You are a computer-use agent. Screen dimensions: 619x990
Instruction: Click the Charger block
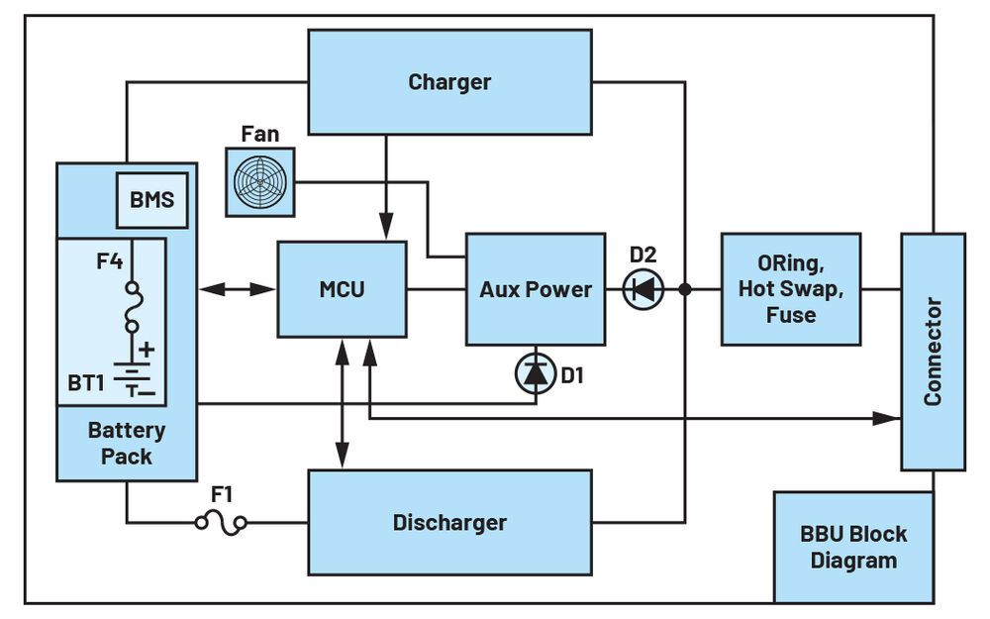pyautogui.click(x=449, y=81)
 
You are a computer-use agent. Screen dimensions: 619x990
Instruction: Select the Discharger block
pyautogui.click(x=449, y=522)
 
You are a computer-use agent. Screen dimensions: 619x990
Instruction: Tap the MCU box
pyautogui.click(x=342, y=289)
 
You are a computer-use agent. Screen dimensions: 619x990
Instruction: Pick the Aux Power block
pyautogui.click(x=535, y=289)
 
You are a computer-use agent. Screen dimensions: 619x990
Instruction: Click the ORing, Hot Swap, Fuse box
pyautogui.click(x=790, y=289)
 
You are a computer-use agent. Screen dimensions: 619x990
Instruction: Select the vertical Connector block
pyautogui.click(x=932, y=352)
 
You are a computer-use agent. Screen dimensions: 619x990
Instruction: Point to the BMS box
pyautogui.click(x=151, y=200)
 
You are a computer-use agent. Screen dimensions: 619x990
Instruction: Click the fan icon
pyautogui.click(x=259, y=182)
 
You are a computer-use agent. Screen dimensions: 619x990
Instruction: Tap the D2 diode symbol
pyautogui.click(x=643, y=289)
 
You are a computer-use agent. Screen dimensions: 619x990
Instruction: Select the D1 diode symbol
pyautogui.click(x=535, y=373)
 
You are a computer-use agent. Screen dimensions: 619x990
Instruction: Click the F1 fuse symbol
pyautogui.click(x=221, y=522)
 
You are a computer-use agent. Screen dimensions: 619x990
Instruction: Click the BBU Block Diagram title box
pyautogui.click(x=852, y=547)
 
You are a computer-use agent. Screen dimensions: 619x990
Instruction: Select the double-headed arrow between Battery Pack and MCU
pyautogui.click(x=238, y=289)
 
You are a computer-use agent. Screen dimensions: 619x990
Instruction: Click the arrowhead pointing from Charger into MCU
pyautogui.click(x=386, y=231)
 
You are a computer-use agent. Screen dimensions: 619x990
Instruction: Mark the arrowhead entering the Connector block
pyautogui.click(x=889, y=419)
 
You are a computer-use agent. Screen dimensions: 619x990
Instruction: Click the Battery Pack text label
pyautogui.click(x=127, y=444)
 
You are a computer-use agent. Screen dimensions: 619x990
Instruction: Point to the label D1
pyautogui.click(x=574, y=375)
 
